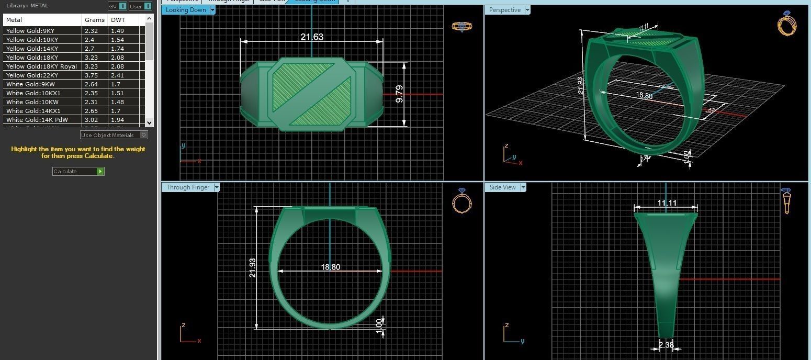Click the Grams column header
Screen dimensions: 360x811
click(94, 20)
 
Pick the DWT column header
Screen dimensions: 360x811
click(118, 20)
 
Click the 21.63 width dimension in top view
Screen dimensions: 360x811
click(311, 37)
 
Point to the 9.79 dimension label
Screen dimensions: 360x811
click(400, 94)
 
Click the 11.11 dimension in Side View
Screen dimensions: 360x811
click(667, 203)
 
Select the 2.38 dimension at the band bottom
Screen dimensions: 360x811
click(666, 345)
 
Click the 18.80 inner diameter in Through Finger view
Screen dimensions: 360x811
click(330, 267)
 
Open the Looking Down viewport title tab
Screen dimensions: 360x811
click(186, 10)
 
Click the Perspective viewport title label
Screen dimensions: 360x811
click(504, 10)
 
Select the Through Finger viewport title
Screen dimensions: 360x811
click(188, 187)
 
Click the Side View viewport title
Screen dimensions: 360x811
click(502, 187)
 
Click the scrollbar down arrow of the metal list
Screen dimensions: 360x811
click(149, 122)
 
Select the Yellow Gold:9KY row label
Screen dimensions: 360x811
click(30, 31)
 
